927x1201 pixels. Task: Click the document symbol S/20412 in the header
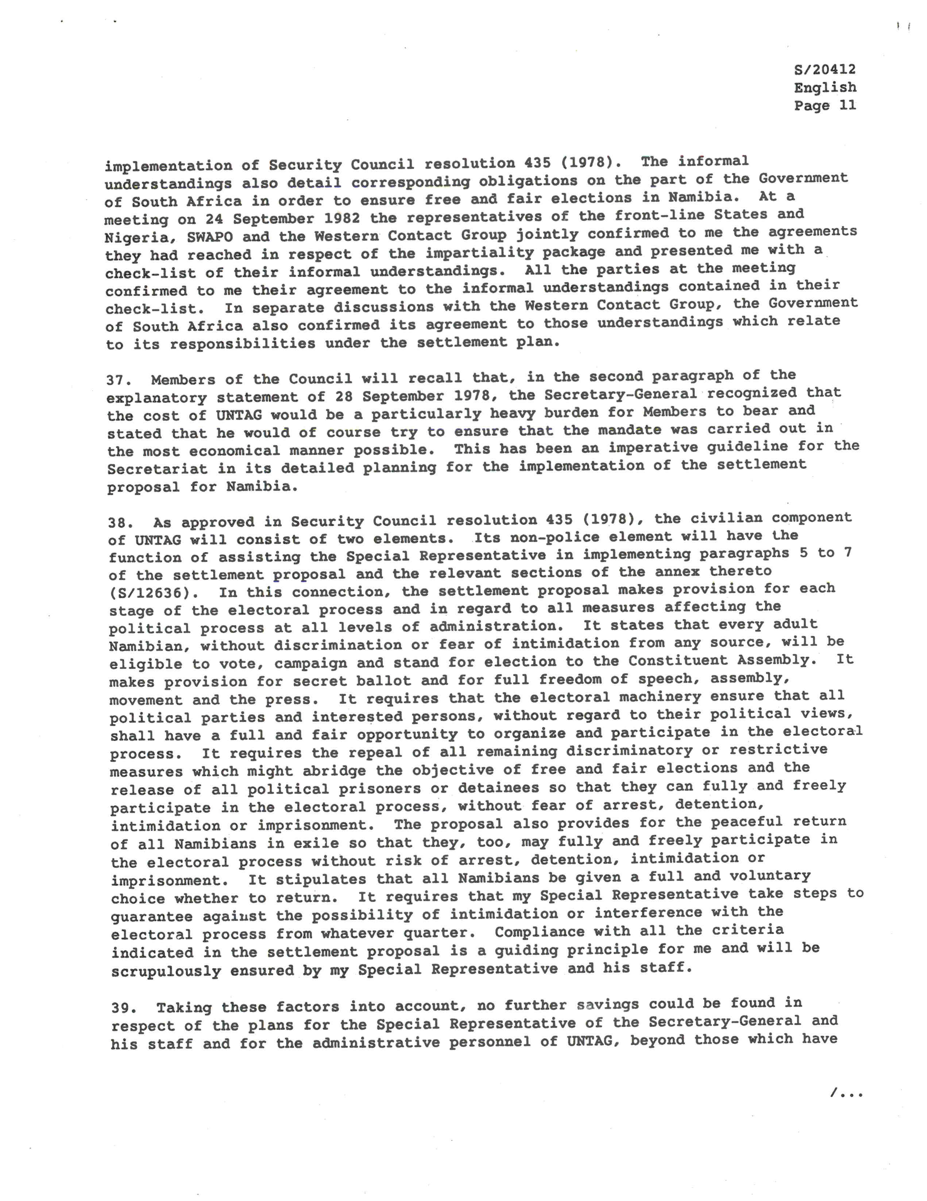click(825, 70)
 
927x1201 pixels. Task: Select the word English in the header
click(825, 88)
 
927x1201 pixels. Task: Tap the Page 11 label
click(825, 105)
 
